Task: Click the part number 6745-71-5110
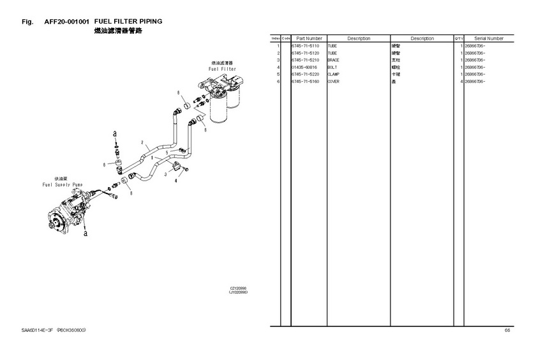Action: (304, 47)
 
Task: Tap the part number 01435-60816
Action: (304, 67)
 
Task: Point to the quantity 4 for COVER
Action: (461, 81)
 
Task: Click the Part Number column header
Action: (309, 39)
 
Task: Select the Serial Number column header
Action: (489, 39)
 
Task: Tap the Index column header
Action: (276, 39)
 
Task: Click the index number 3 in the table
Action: (279, 60)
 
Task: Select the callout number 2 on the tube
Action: (142, 142)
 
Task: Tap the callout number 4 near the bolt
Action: (175, 181)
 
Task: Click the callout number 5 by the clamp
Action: (167, 153)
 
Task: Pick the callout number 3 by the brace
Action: (165, 174)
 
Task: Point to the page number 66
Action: (507, 330)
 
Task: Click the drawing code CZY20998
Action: (238, 288)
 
